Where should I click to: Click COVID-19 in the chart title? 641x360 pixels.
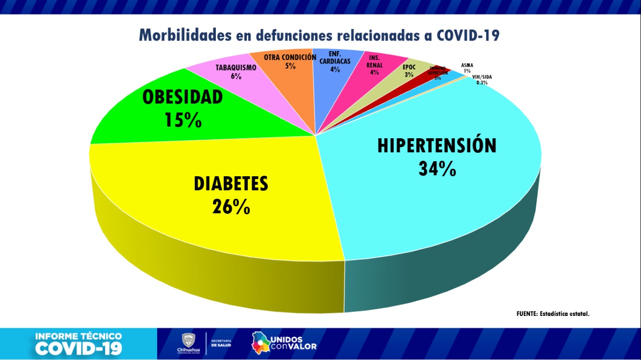coord(468,36)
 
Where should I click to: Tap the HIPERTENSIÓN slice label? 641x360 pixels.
coord(437,145)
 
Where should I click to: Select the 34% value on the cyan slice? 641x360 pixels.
coord(437,169)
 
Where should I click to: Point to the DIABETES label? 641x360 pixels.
coord(231,184)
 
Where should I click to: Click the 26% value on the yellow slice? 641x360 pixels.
coord(231,206)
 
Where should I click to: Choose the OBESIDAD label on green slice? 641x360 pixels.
coord(182,97)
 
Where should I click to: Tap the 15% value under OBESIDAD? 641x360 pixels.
coord(182,120)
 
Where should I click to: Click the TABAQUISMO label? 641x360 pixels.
coord(236,68)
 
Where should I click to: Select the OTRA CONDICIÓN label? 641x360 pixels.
coord(290,57)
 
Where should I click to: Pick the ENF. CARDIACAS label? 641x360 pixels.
coord(335,57)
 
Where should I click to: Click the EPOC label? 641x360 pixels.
coord(409,67)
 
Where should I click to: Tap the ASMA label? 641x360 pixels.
coord(467,65)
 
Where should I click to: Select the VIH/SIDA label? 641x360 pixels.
coord(482,77)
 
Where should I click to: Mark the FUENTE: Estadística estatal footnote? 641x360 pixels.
coord(553,314)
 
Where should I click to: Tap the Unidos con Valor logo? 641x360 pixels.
coord(284,342)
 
